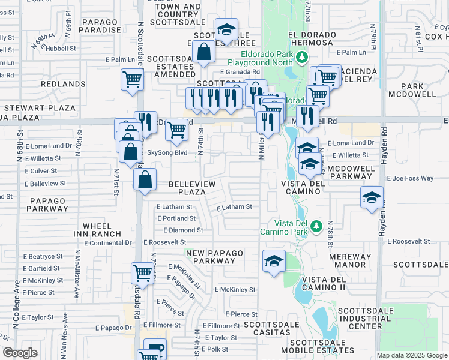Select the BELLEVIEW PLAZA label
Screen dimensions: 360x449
tap(187, 187)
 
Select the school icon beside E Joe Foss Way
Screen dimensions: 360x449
tap(372, 197)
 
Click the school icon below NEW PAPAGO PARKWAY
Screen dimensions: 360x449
tap(274, 261)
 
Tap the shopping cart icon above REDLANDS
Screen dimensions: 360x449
tap(131, 79)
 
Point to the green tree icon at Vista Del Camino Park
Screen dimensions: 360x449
tap(315, 227)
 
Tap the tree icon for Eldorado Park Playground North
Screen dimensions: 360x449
tap(302, 58)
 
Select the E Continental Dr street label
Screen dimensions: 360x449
tap(108, 243)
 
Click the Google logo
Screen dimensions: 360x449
tap(20, 352)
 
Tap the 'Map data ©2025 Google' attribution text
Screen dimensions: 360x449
tap(411, 355)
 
